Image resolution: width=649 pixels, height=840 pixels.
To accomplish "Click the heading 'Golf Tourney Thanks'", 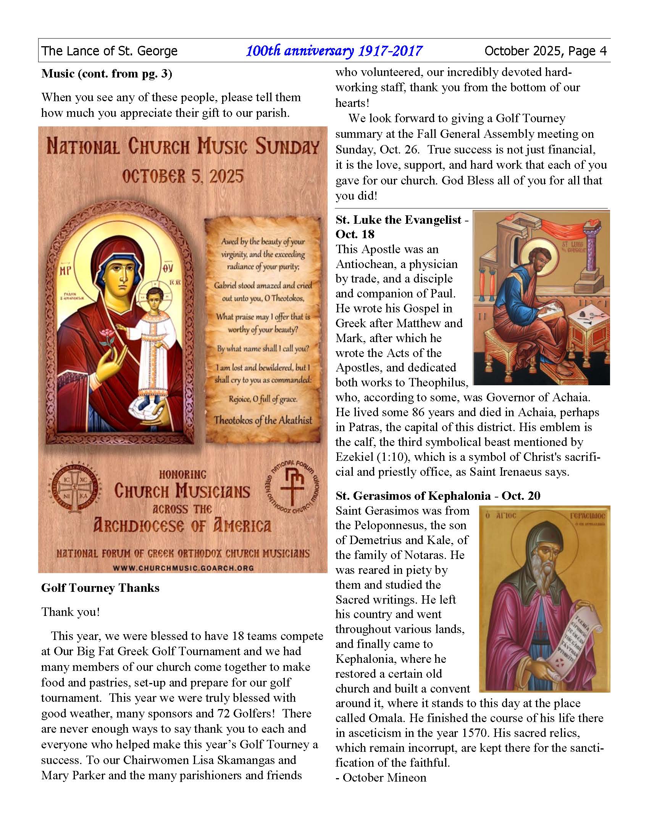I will (100, 588).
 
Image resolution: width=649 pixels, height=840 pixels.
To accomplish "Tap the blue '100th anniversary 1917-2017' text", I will (334, 51).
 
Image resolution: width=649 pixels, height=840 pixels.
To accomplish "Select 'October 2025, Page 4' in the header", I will (545, 51).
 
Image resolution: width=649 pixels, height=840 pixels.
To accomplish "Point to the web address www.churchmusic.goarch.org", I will (183, 568).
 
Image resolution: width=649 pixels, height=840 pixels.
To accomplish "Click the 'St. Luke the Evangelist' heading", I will (398, 220).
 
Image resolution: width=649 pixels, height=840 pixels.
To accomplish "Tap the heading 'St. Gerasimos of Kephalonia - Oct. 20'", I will (438, 496).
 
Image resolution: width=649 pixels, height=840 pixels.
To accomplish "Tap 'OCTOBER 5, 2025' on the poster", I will (183, 176).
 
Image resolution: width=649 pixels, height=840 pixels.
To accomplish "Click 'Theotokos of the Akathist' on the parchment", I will (263, 420).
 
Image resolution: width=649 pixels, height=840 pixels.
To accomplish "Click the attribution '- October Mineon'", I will (381, 778).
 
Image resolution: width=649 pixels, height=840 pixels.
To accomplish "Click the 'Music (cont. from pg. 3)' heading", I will (107, 73).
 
